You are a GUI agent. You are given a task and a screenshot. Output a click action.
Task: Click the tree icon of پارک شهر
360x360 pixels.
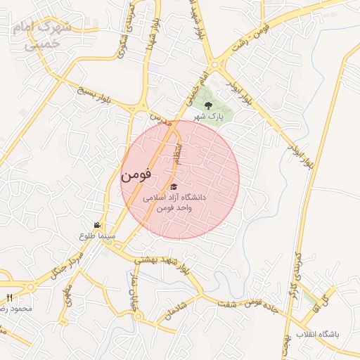click(207, 105)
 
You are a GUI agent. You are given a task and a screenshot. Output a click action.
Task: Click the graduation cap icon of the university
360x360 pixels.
click(174, 187)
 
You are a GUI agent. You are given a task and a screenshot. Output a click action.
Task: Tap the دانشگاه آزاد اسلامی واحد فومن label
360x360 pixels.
click(174, 203)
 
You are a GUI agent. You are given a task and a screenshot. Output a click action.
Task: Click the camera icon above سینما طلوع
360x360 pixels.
click(96, 225)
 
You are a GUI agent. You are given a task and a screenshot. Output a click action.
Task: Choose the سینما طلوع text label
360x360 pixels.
click(93, 236)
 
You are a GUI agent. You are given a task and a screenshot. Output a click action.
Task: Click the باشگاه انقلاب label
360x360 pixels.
click(317, 335)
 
